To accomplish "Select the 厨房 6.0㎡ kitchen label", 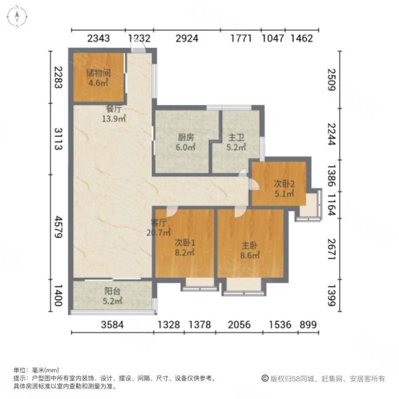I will (x=186, y=142).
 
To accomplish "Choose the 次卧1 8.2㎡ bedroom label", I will (x=184, y=247).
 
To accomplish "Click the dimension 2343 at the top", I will (x=98, y=38).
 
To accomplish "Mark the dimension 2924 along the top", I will (x=186, y=38).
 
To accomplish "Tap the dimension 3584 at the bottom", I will (x=112, y=325).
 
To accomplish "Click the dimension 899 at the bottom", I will (x=307, y=325).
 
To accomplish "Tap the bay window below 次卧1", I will (x=199, y=284).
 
